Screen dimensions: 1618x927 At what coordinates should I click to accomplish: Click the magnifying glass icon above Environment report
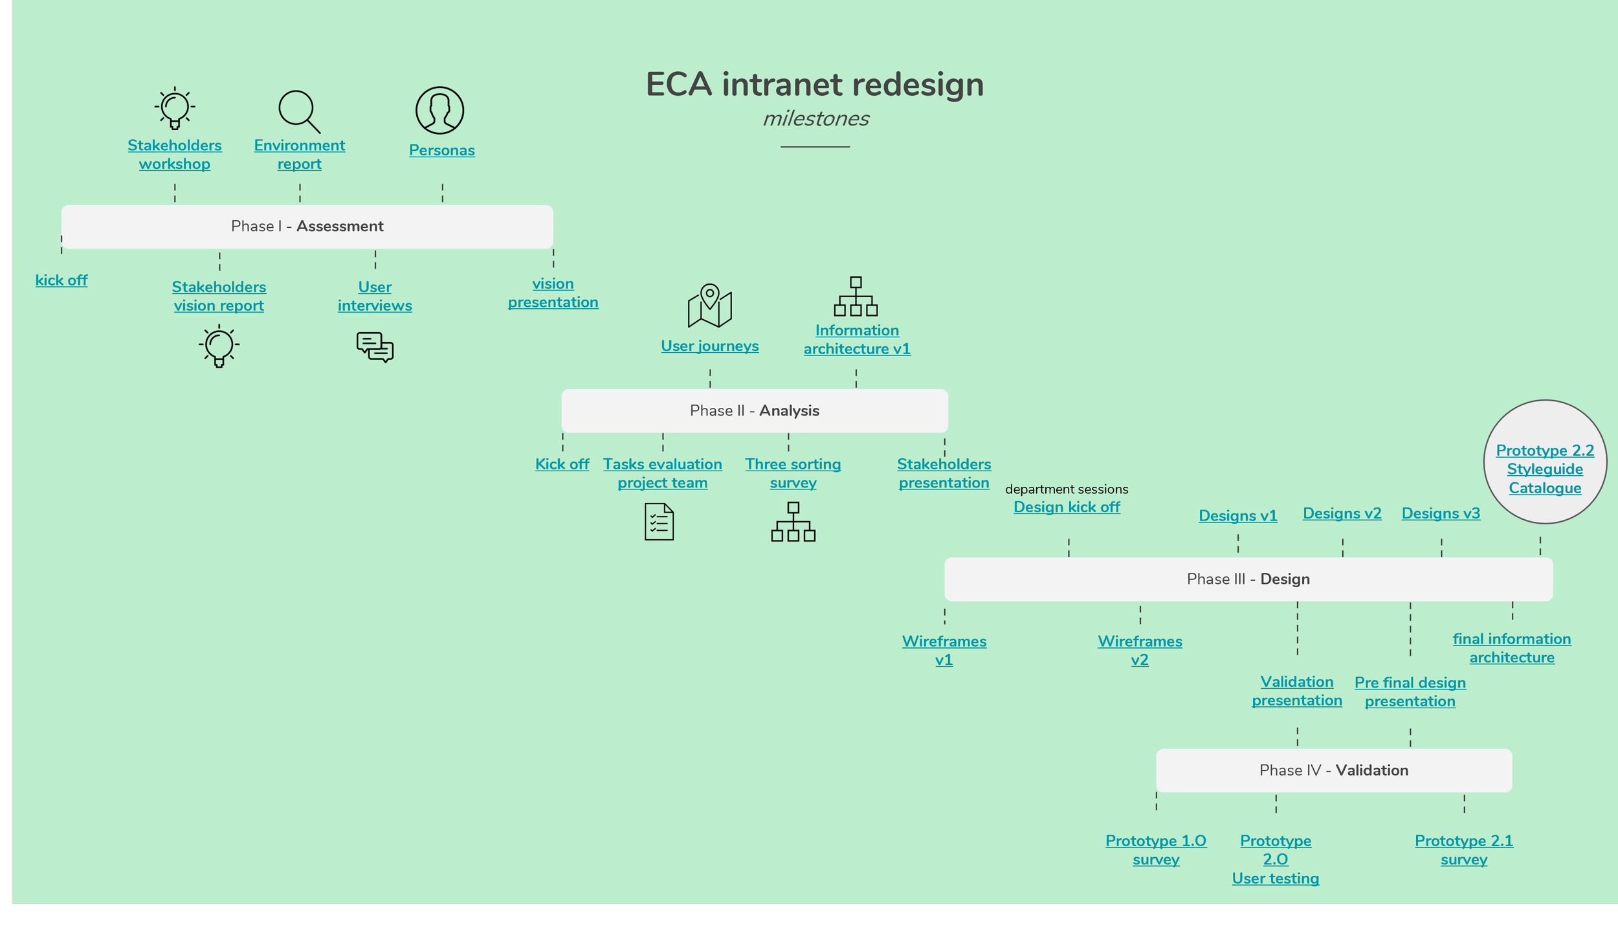299,111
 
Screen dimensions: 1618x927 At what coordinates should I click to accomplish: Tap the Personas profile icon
439,111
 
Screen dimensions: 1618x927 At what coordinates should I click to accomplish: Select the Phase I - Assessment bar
307,227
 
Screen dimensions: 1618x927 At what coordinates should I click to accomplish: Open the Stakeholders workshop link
175,154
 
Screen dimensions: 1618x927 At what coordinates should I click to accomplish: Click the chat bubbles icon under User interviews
375,347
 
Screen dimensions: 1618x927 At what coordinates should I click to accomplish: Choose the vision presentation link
553,293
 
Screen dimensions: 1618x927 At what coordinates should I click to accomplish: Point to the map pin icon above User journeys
709,306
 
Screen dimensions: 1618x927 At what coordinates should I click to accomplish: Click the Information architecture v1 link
857,339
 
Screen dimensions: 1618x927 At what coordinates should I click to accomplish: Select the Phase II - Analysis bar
755,410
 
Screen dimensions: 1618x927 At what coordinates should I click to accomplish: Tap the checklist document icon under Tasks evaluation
659,522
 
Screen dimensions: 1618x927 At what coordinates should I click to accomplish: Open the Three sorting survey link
793,473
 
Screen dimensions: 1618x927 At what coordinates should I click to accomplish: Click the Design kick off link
1067,507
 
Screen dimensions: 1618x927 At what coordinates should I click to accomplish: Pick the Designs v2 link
1342,513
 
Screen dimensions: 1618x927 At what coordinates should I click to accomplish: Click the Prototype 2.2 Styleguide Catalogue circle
1545,462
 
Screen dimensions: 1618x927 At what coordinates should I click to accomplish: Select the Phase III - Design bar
1248,579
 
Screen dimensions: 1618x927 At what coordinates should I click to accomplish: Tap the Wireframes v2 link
1140,650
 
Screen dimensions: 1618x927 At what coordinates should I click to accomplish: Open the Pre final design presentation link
1410,691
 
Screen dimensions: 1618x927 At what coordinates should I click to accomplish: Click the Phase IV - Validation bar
1334,770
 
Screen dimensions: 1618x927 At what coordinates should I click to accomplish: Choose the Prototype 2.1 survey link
1464,849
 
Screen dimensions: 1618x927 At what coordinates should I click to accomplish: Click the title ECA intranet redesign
815,84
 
